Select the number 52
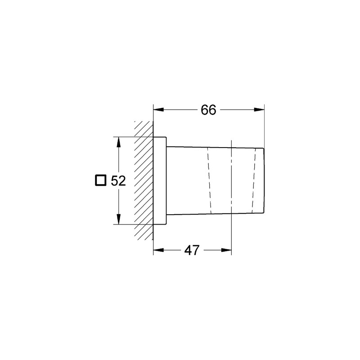(117, 181)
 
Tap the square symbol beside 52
(101, 180)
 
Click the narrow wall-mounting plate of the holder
(160, 180)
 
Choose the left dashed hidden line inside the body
(209, 180)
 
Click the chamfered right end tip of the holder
(262, 180)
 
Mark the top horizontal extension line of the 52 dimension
(130, 137)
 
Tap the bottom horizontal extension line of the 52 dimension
(130, 224)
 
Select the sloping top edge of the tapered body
(211, 147)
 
